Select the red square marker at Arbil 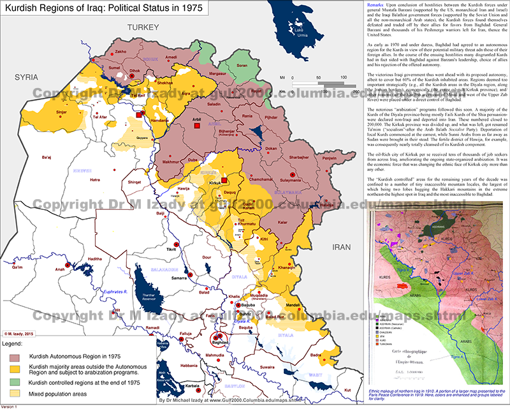198,126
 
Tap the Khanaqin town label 280,267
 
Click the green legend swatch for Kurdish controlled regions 14,381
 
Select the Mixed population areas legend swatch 14,393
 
